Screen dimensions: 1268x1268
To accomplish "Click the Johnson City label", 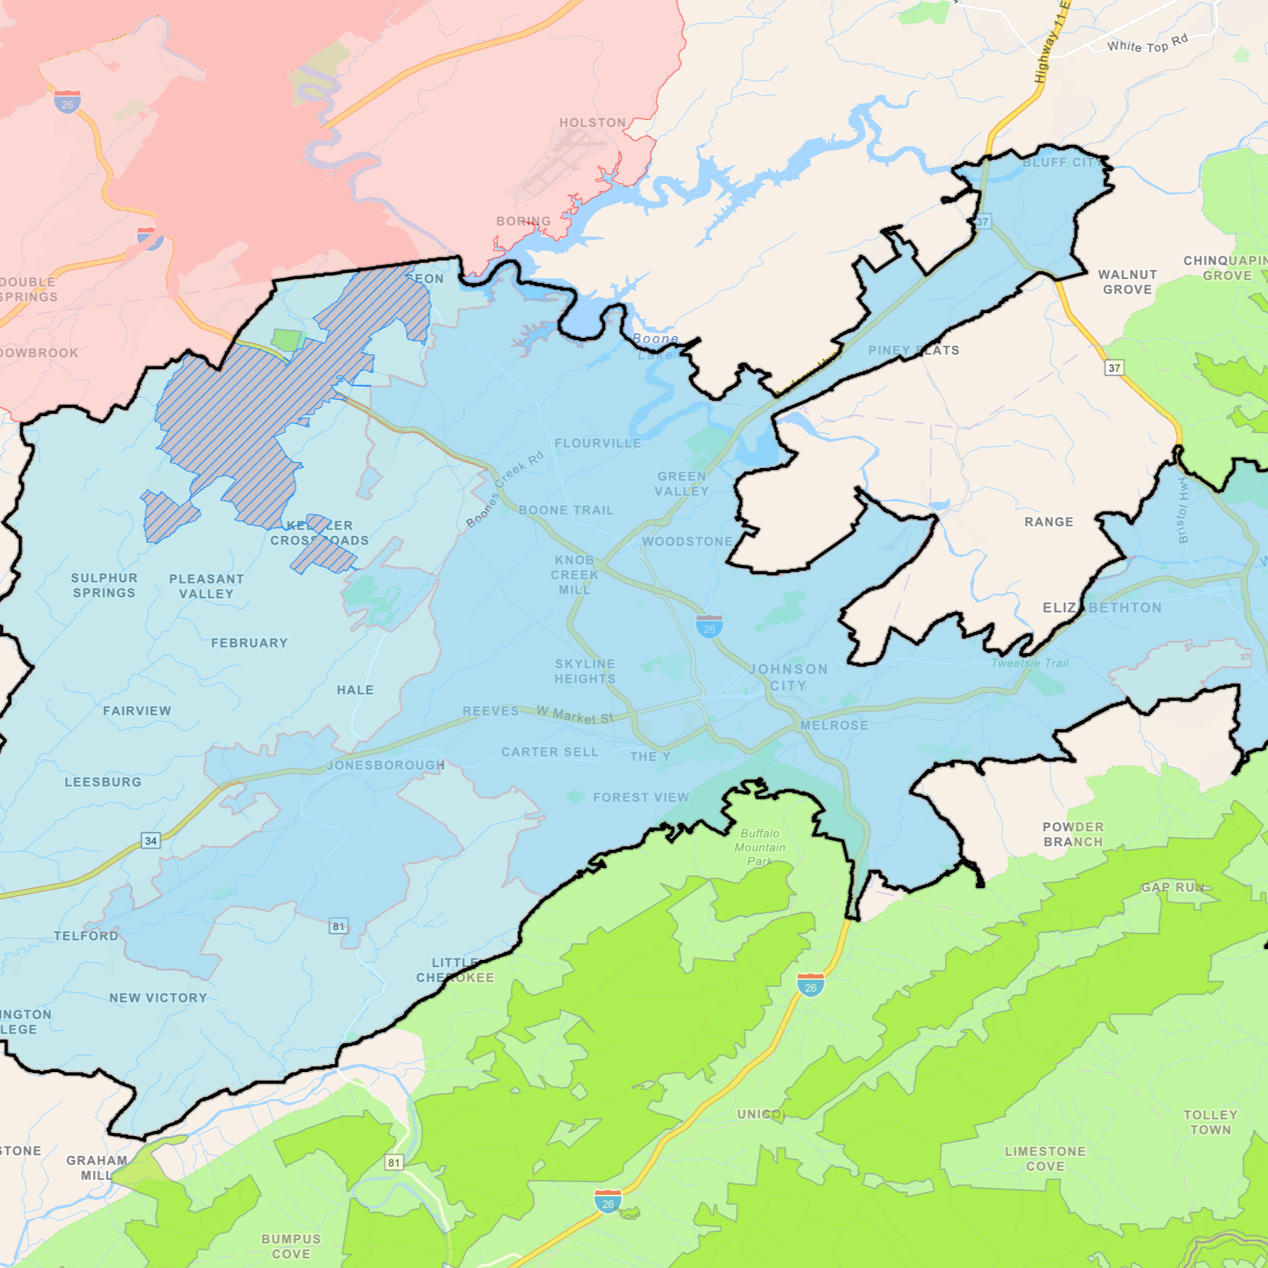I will coord(788,677).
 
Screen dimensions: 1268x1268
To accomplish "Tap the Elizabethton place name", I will coord(1102,608).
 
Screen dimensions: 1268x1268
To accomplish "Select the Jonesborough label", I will coord(386,765).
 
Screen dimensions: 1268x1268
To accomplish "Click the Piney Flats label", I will coord(913,350).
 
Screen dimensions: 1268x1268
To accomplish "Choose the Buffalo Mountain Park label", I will coord(760,847).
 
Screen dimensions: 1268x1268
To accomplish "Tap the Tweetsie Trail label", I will coord(1029,663).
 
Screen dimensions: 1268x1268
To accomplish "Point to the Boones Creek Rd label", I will coord(504,489).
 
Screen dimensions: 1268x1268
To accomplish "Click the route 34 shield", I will coord(151,841).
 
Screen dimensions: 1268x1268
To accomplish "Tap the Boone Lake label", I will coord(655,346).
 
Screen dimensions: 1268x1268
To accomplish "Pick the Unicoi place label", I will coord(761,1114).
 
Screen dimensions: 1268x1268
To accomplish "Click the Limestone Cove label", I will coord(1045,1159).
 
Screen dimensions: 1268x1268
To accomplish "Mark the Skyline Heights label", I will coord(585,671).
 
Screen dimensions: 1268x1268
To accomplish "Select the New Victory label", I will coord(158,998).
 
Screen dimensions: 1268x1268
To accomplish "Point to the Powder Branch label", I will coord(1073,834).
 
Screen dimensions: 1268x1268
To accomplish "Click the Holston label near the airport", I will coord(592,123).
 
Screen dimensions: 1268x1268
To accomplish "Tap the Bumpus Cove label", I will coord(291,1246).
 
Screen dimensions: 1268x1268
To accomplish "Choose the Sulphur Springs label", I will coord(104,585).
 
